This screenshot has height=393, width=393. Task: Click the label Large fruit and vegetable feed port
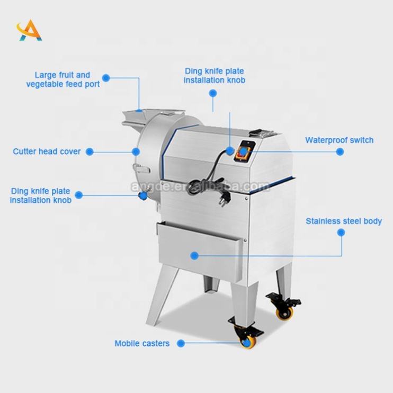click(62, 79)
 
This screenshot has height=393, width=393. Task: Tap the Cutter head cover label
click(47, 151)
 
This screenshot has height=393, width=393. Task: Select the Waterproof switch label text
click(339, 140)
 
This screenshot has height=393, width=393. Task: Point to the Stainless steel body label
click(343, 221)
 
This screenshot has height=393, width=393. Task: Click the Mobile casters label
click(142, 343)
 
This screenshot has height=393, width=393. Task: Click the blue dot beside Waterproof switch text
click(340, 151)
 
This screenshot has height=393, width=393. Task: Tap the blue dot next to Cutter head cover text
click(90, 151)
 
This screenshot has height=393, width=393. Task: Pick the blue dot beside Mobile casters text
click(181, 343)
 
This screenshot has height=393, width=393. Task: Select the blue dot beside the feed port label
click(106, 78)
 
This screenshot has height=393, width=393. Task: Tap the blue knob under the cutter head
click(142, 196)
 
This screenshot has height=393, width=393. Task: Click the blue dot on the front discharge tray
click(194, 255)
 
